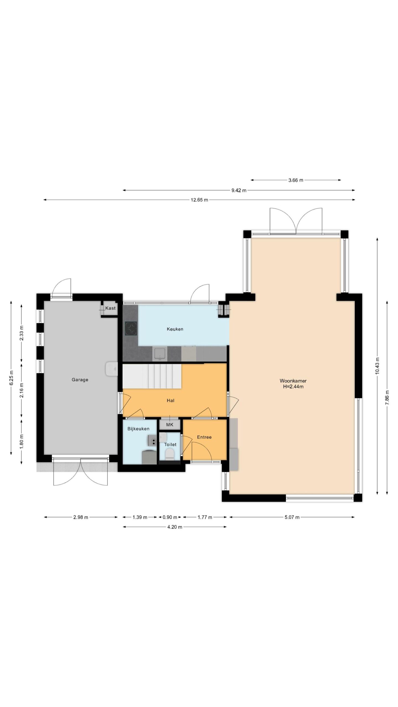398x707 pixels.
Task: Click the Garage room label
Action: click(x=80, y=380)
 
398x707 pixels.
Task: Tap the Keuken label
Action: click(x=175, y=329)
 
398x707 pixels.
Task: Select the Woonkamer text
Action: click(x=293, y=381)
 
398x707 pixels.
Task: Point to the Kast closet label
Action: click(x=110, y=308)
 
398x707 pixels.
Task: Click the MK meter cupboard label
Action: click(x=170, y=424)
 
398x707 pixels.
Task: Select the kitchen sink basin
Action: click(x=160, y=354)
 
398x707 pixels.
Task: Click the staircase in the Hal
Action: click(x=152, y=376)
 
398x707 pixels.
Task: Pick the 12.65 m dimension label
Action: click(x=199, y=200)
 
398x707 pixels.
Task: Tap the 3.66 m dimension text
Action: click(x=296, y=180)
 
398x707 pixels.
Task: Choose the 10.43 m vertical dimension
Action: click(x=377, y=366)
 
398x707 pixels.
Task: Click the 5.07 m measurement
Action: click(x=292, y=517)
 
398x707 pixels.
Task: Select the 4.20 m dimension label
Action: click(x=175, y=527)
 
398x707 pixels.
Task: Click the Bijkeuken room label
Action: click(x=138, y=429)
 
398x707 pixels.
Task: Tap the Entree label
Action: click(x=204, y=437)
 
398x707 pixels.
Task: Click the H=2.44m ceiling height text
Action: click(x=293, y=387)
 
